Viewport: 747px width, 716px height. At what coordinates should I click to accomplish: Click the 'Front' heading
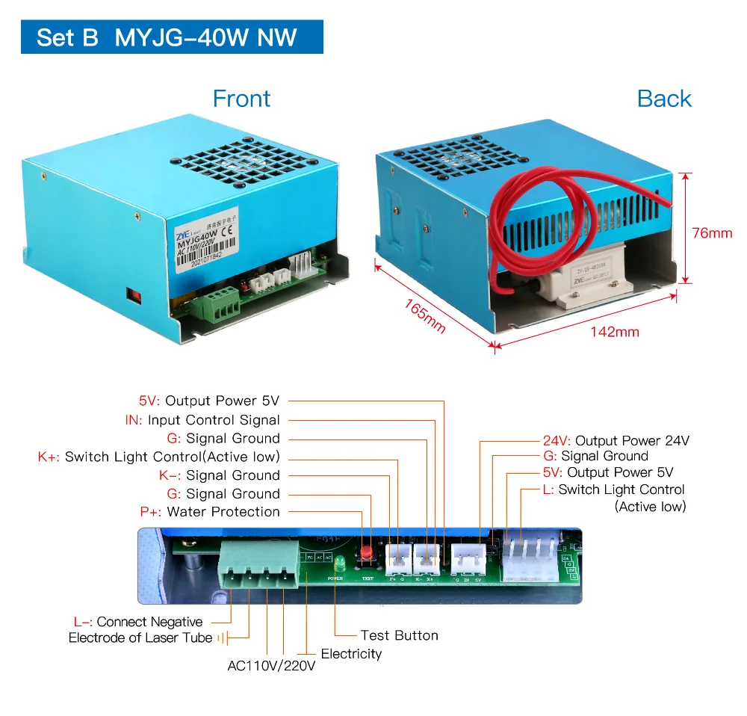coord(241,99)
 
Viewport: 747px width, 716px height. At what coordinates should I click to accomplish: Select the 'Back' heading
coord(664,99)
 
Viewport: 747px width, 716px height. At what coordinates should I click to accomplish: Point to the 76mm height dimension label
coord(712,233)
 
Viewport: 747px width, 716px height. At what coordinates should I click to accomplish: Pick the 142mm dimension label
coord(614,332)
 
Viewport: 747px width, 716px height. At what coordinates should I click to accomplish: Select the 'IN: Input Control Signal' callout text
coord(202,420)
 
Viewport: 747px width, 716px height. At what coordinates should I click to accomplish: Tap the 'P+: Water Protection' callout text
coord(210,512)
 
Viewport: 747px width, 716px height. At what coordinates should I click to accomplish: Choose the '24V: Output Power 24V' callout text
coord(616,441)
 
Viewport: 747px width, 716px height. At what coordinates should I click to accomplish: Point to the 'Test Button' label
coord(399,635)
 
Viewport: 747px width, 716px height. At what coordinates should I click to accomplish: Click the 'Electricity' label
coord(351,654)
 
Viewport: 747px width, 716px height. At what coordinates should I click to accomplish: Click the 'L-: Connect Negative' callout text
coord(138,622)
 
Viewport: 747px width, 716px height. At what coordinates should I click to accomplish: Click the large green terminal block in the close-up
coord(257,568)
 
